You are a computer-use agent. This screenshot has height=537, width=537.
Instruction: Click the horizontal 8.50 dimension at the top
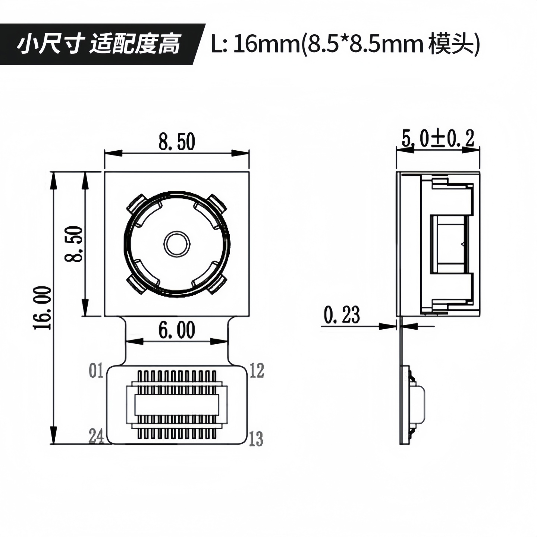click(x=177, y=142)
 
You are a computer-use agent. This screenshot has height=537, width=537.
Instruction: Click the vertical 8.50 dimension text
click(x=73, y=244)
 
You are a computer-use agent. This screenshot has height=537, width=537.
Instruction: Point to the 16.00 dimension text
click(x=42, y=308)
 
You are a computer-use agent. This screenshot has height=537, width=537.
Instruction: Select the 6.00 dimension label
click(x=177, y=330)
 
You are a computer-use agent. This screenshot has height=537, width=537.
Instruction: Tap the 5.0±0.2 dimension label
click(x=438, y=139)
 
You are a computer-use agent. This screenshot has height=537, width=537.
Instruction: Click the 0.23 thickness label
click(x=342, y=315)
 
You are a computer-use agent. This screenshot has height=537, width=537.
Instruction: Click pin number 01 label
click(x=96, y=371)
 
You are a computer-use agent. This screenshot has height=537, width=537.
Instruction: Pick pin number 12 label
click(x=257, y=370)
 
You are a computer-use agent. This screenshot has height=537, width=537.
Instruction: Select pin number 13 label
click(x=256, y=439)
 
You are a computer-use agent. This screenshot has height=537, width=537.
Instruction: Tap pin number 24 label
click(x=96, y=436)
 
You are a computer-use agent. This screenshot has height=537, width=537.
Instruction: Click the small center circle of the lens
click(x=176, y=244)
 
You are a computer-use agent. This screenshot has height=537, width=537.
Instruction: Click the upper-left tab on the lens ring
click(x=135, y=204)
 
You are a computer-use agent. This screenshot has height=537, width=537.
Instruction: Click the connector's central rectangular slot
click(x=176, y=404)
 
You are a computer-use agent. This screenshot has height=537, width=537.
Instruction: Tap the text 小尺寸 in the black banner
click(x=49, y=44)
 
